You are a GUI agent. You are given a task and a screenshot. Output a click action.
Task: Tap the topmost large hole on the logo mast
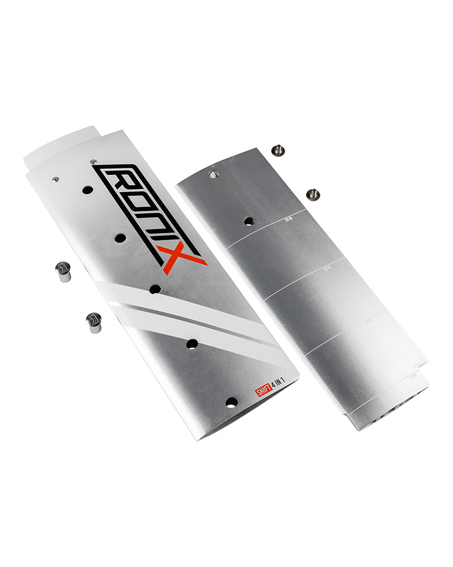pyautogui.click(x=87, y=190)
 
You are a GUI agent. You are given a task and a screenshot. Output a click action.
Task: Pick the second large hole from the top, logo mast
pyautogui.click(x=120, y=238)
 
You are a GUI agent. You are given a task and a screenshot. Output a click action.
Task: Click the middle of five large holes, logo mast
pyautogui.click(x=155, y=289)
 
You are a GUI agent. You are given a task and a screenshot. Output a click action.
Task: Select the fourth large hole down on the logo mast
pyautogui.click(x=192, y=344)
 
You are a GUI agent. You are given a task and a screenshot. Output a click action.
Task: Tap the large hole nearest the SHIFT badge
pyautogui.click(x=231, y=402)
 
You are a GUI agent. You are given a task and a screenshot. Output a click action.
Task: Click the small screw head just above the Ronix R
pyautogui.click(x=93, y=162)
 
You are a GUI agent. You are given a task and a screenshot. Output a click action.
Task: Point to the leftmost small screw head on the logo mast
pyautogui.click(x=55, y=179)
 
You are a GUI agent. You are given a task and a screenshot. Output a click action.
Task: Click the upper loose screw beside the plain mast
pyautogui.click(x=277, y=150)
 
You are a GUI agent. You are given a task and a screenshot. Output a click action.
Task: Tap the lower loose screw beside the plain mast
pyautogui.click(x=312, y=194)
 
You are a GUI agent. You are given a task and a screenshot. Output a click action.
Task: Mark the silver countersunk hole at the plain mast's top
pyautogui.click(x=213, y=175)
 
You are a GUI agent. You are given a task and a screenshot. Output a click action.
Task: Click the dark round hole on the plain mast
pyautogui.click(x=249, y=221)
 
